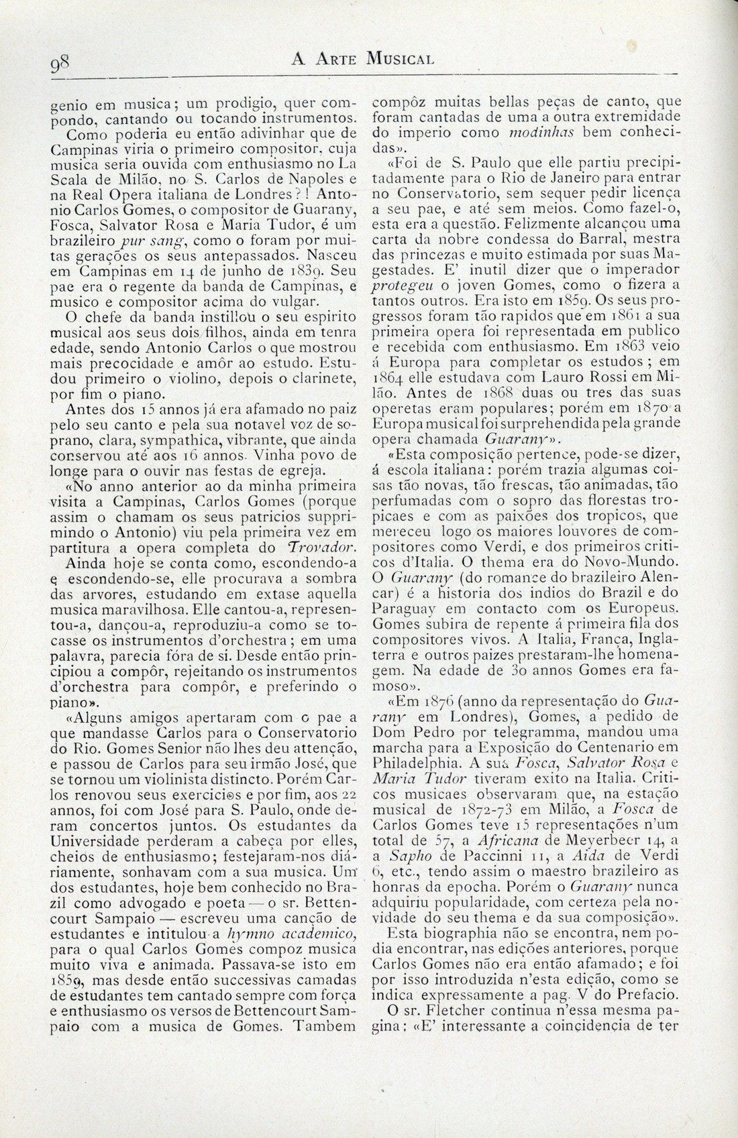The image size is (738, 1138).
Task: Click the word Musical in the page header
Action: click(x=400, y=59)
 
